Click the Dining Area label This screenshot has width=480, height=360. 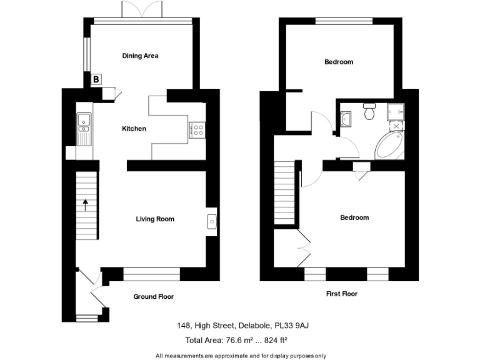pyautogui.click(x=140, y=56)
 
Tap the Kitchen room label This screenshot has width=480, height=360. pyautogui.click(x=134, y=129)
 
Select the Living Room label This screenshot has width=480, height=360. pyautogui.click(x=155, y=219)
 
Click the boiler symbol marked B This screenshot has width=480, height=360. pyautogui.click(x=96, y=79)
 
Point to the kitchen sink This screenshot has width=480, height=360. pyautogui.click(x=84, y=127)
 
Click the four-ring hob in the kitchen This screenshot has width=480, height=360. pyautogui.click(x=197, y=130)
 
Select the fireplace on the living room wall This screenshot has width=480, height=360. pyautogui.click(x=211, y=221)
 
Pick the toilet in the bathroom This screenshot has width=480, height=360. pyautogui.click(x=369, y=112)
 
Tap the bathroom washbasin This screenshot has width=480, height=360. pyautogui.click(x=347, y=117)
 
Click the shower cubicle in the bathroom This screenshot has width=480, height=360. pyautogui.click(x=396, y=112)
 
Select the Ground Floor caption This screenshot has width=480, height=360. pyautogui.click(x=153, y=297)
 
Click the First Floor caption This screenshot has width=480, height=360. pyautogui.click(x=342, y=293)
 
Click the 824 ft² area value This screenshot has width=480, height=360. pyautogui.click(x=272, y=340)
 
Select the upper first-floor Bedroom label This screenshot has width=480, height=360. pyautogui.click(x=339, y=62)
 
